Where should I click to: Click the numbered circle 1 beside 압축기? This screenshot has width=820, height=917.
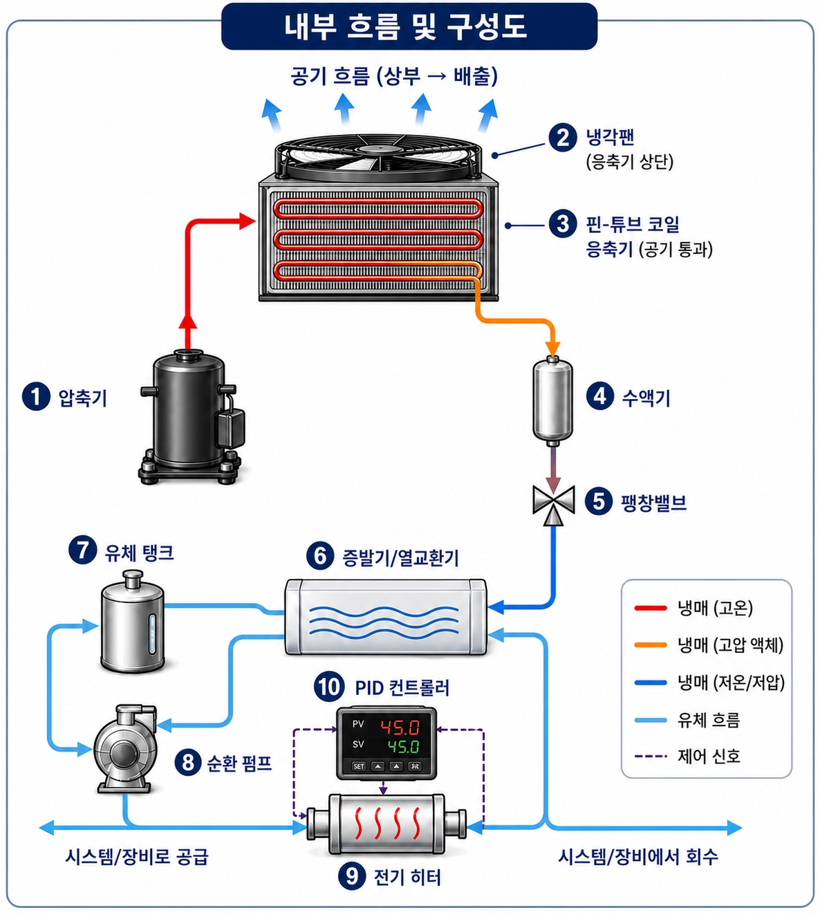click(36, 396)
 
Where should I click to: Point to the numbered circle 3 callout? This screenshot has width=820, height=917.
click(563, 223)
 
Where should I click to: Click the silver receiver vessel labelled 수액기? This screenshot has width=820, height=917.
click(552, 398)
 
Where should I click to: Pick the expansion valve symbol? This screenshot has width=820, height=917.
click(553, 504)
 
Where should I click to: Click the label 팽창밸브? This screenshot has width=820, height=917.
click(654, 502)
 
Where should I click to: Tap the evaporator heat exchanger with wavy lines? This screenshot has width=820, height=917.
click(386, 616)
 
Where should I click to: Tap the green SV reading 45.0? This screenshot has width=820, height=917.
click(404, 746)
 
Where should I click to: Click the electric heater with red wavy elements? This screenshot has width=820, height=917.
click(386, 824)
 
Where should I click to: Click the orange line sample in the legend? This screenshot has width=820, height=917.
click(651, 645)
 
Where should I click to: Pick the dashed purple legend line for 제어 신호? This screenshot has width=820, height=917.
click(651, 756)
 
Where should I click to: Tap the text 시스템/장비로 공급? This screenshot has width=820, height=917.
click(137, 857)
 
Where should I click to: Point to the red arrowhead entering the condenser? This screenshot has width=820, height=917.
click(248, 221)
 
